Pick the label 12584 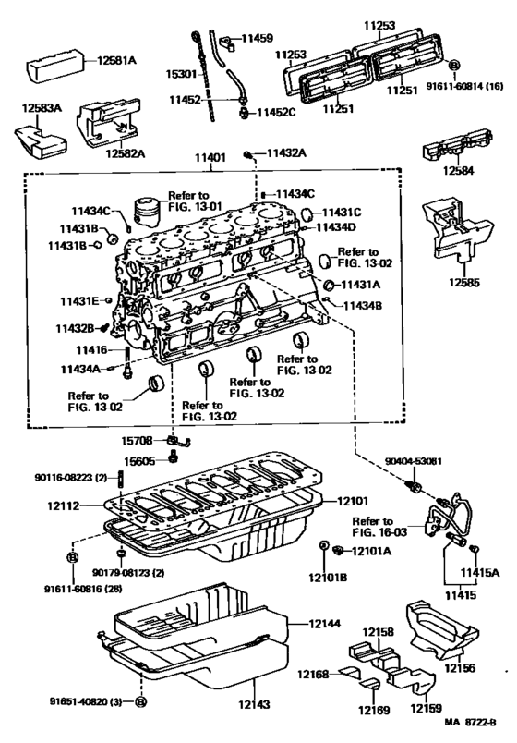click(x=454, y=170)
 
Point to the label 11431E click(x=81, y=301)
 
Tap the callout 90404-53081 click(x=414, y=459)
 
